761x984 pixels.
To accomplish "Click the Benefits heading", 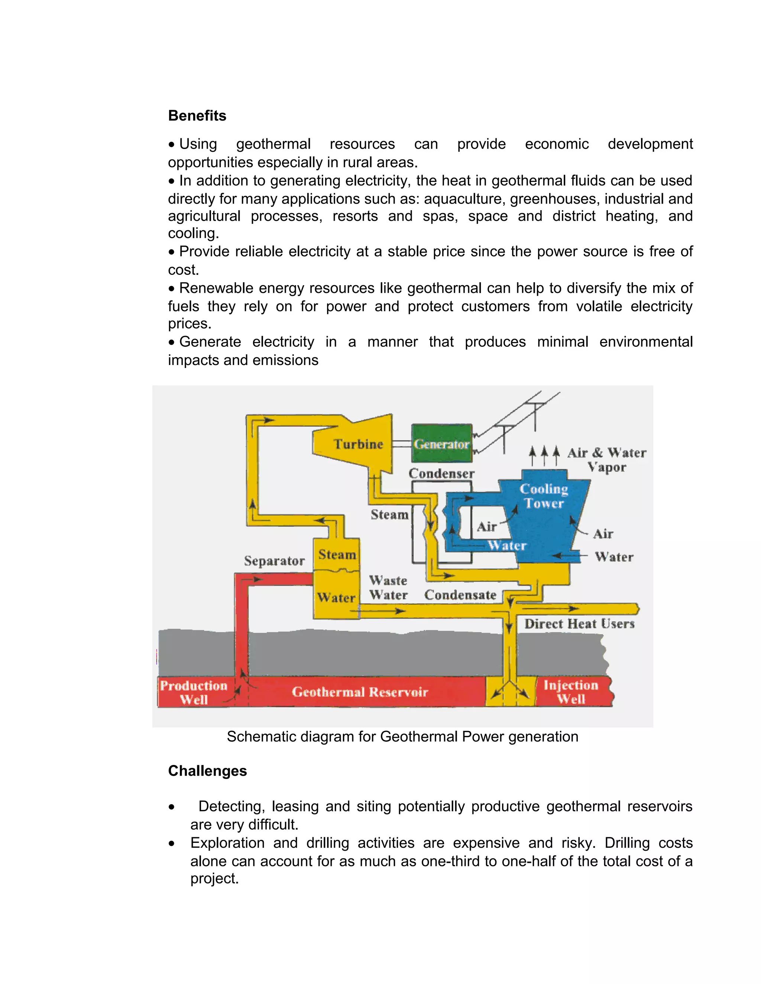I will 197,116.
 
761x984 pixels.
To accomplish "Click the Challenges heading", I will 207,771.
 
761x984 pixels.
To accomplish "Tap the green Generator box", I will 441,444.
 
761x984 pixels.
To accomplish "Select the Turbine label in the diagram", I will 359,444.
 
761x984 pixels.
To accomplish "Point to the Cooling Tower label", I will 544,496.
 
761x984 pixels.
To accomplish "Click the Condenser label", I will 441,473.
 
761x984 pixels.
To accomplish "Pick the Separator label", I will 274,561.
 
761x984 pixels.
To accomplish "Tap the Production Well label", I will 194,693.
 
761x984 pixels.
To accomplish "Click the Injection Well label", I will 571,692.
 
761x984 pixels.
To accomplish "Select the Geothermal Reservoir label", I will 360,692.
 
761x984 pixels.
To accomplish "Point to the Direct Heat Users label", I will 579,624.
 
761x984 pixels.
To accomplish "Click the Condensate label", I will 460,595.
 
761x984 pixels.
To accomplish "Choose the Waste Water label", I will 388,587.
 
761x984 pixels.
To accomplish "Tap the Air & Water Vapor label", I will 607,460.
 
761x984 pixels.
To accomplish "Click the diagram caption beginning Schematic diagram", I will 402,737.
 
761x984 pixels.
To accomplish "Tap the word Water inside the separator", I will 336,598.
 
